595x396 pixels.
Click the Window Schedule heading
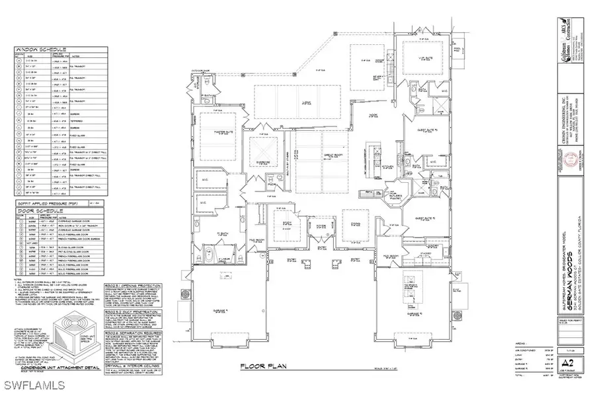pos(34,49)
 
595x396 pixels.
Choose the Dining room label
pos(354,223)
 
